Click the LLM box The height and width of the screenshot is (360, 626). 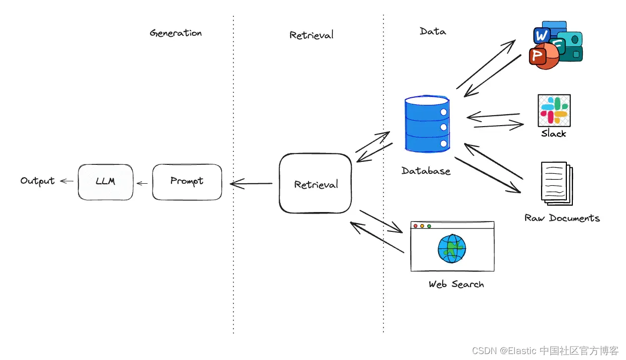pyautogui.click(x=105, y=182)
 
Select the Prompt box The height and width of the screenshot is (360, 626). pyautogui.click(x=187, y=182)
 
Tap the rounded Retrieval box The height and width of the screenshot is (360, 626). pyautogui.click(x=315, y=184)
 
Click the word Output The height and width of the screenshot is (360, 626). pyautogui.click(x=37, y=181)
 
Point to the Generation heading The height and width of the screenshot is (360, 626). pyautogui.click(x=176, y=33)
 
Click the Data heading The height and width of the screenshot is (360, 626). pyautogui.click(x=433, y=31)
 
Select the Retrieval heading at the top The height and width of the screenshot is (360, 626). pyautogui.click(x=312, y=35)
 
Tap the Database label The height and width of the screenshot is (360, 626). pyautogui.click(x=426, y=171)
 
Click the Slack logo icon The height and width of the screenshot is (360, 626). pyautogui.click(x=554, y=110)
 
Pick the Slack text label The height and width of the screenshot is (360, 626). pyautogui.click(x=553, y=134)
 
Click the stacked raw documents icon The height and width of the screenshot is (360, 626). pyautogui.click(x=555, y=183)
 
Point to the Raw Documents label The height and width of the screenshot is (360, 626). pyautogui.click(x=562, y=218)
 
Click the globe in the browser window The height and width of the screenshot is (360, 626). pyautogui.click(x=452, y=248)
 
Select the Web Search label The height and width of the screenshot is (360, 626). pyautogui.click(x=456, y=285)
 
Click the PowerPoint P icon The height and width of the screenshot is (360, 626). pyautogui.click(x=539, y=55)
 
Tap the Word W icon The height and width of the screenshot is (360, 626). pyautogui.click(x=541, y=35)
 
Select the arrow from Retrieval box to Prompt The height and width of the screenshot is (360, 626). pyautogui.click(x=251, y=184)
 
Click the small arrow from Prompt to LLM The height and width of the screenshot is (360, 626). pyautogui.click(x=143, y=183)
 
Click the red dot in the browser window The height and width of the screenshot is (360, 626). pyautogui.click(x=415, y=226)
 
